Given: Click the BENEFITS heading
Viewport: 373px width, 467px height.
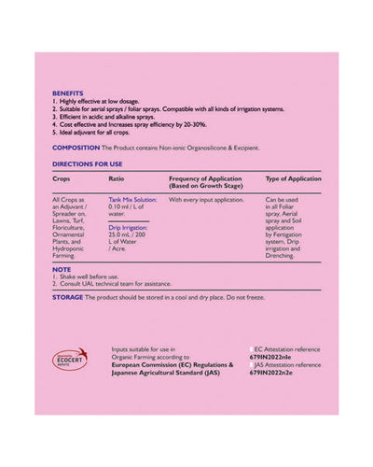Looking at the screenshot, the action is pos(67,93).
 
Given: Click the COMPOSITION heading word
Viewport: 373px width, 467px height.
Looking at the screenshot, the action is pos(74,148).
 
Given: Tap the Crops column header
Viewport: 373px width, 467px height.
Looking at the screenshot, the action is pos(62,177).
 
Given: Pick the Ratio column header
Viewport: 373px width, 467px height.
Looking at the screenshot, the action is pos(117,177).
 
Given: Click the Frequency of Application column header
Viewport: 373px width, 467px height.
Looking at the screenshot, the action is pos(206,177).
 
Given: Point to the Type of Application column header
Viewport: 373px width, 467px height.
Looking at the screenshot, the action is pos(294,177).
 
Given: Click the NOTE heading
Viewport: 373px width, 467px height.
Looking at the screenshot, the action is pos(62,270).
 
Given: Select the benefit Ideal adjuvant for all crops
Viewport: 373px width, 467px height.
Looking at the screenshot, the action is pos(98,134).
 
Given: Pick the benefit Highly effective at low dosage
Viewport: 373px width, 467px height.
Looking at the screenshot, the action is pos(103,100).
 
